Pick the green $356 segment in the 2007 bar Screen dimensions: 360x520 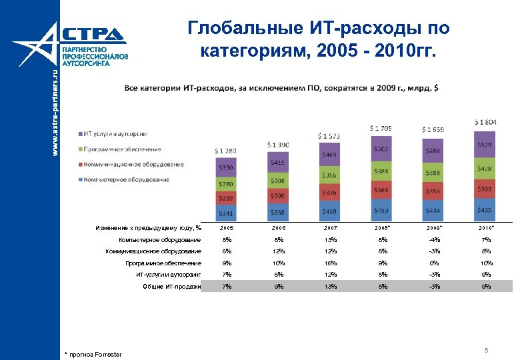(329, 175)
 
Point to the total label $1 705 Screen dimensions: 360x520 (381, 127)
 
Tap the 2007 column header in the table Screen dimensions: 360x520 (330, 229)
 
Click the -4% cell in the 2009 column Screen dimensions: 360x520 (433, 240)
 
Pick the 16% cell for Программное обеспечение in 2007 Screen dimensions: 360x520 (330, 263)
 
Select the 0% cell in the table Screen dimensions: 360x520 (433, 263)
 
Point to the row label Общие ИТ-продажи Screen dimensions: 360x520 (172, 287)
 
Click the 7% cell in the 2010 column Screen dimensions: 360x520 (485, 240)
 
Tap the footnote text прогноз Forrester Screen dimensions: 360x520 (95, 353)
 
